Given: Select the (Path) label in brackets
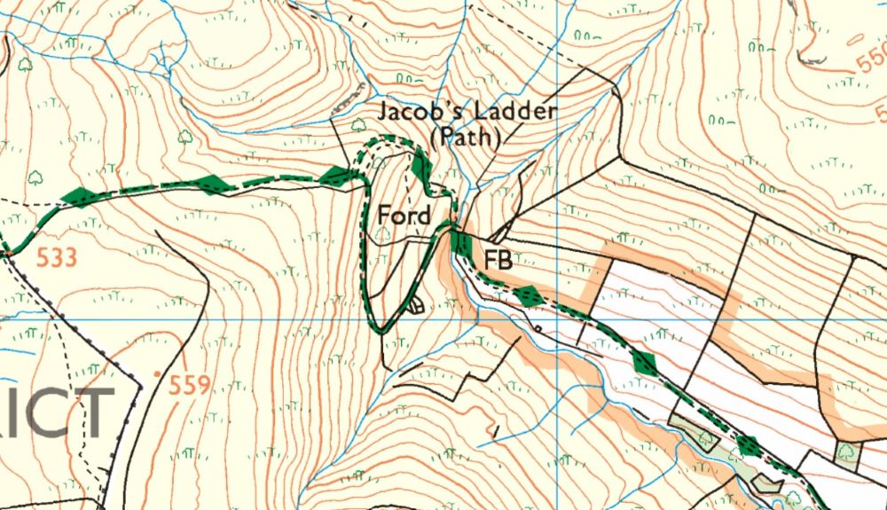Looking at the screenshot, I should coord(465,138).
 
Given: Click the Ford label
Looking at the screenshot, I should coord(404,216).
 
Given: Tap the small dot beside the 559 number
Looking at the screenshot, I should coord(157,374).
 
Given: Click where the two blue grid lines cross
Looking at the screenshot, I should coord(556,317).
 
